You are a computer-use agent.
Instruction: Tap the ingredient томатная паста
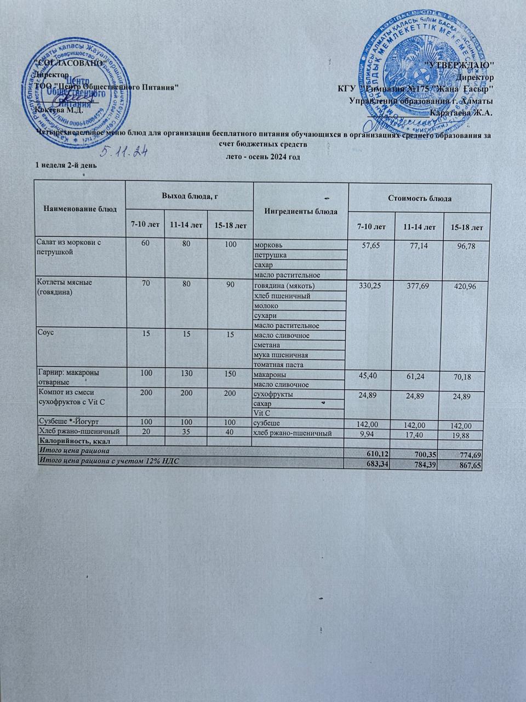(x=277, y=364)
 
